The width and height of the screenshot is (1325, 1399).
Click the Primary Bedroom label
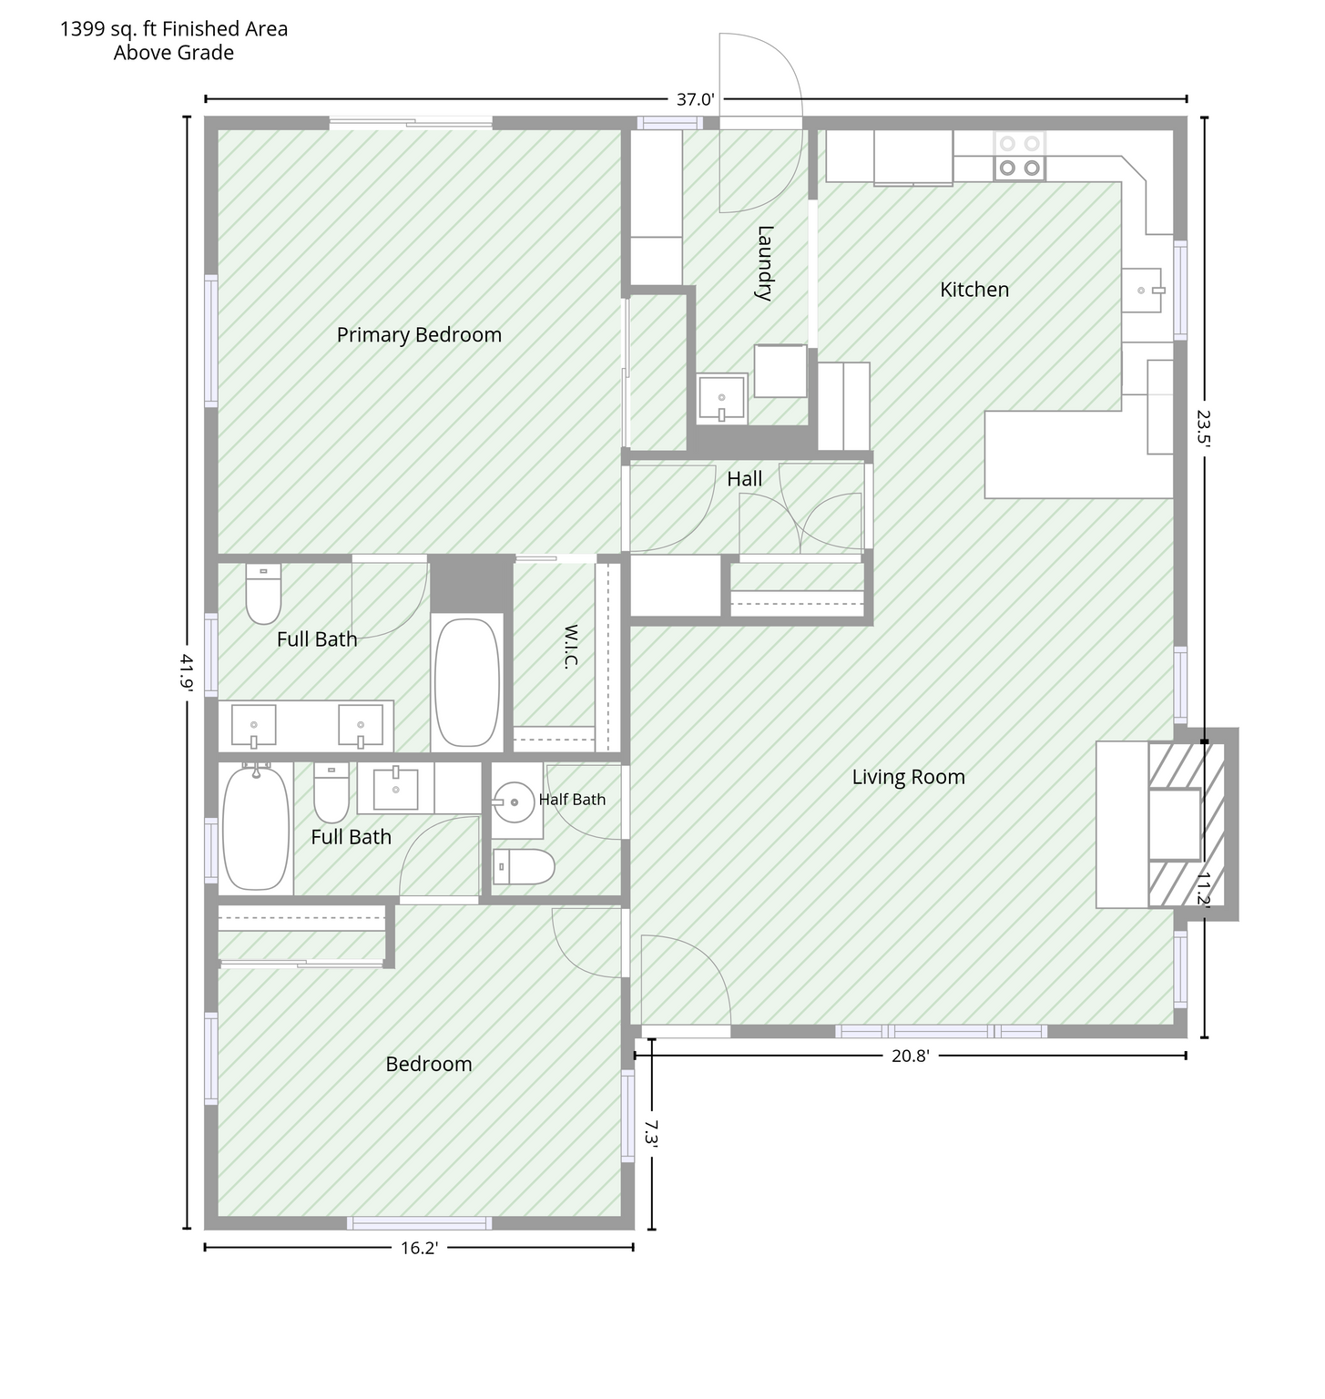[419, 335]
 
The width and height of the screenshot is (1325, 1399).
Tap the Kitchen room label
[974, 290]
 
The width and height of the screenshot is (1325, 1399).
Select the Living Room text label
[908, 777]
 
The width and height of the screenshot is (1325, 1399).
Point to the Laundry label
[765, 262]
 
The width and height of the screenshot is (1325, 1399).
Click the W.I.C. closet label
[569, 647]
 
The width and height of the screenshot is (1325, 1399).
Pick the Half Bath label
[572, 800]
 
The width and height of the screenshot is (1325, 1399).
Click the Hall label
[745, 479]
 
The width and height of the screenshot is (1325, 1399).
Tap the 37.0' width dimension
[695, 99]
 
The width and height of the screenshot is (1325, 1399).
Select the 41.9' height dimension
[187, 673]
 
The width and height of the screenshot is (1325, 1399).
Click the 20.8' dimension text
[910, 1056]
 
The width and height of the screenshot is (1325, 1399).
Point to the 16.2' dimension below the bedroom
[420, 1248]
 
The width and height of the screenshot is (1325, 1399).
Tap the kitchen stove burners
[1019, 156]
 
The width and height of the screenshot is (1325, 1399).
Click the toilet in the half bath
[524, 867]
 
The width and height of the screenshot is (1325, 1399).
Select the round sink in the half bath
[514, 802]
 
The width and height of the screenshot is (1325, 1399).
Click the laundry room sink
[722, 399]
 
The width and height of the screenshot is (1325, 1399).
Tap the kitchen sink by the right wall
[1143, 291]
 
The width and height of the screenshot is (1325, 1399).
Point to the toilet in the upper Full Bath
[263, 594]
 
